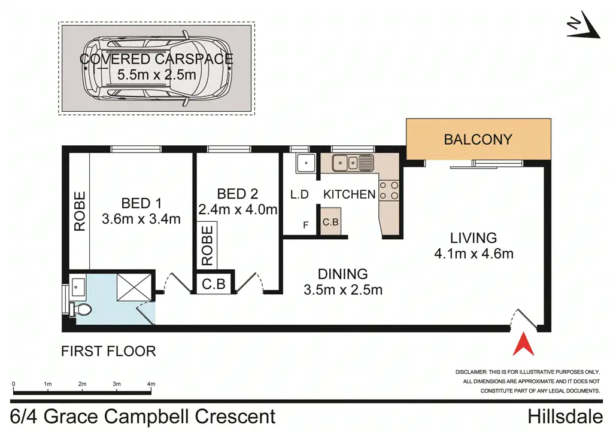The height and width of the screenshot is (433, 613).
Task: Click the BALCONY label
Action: (478, 139)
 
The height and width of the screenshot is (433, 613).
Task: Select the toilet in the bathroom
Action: (80, 310)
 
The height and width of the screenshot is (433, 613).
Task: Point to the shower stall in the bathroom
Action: (134, 287)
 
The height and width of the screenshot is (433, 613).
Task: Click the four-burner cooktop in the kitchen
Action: (389, 191)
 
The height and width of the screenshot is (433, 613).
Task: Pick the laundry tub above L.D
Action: (306, 163)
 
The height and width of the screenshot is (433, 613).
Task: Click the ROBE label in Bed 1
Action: (80, 211)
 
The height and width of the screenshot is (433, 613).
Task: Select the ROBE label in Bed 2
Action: (207, 246)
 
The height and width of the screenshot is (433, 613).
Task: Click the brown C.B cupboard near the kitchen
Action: (330, 222)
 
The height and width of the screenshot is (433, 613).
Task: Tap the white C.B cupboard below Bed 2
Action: (214, 284)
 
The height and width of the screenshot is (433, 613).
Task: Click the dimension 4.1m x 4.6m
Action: (474, 254)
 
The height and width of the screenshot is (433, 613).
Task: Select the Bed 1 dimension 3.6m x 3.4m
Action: (141, 219)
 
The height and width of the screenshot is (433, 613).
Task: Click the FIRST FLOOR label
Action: (109, 351)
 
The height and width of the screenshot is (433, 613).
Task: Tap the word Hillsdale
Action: (565, 416)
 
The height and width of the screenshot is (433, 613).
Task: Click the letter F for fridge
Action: (306, 225)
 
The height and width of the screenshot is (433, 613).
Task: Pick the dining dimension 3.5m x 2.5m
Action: (343, 289)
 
